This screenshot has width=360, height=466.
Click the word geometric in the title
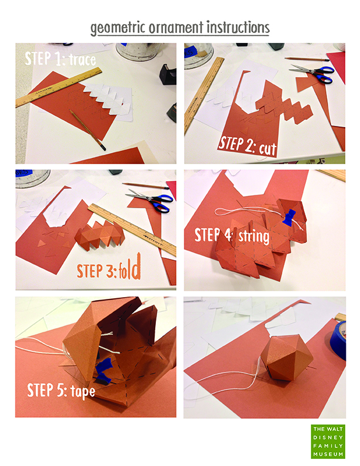point(118,28)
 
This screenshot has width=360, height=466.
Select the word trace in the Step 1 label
point(82,60)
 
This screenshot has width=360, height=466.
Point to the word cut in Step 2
point(267,148)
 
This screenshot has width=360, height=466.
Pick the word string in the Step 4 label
point(254,237)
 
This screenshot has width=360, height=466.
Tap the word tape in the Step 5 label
point(83,391)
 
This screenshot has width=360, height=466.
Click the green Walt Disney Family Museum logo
point(328,441)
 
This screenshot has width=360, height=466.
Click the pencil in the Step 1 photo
point(87,130)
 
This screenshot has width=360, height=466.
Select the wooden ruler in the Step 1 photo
point(59,87)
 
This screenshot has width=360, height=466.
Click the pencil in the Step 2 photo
point(307,59)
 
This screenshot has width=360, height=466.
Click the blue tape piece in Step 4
point(289,217)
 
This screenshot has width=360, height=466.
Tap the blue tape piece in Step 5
point(103,371)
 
